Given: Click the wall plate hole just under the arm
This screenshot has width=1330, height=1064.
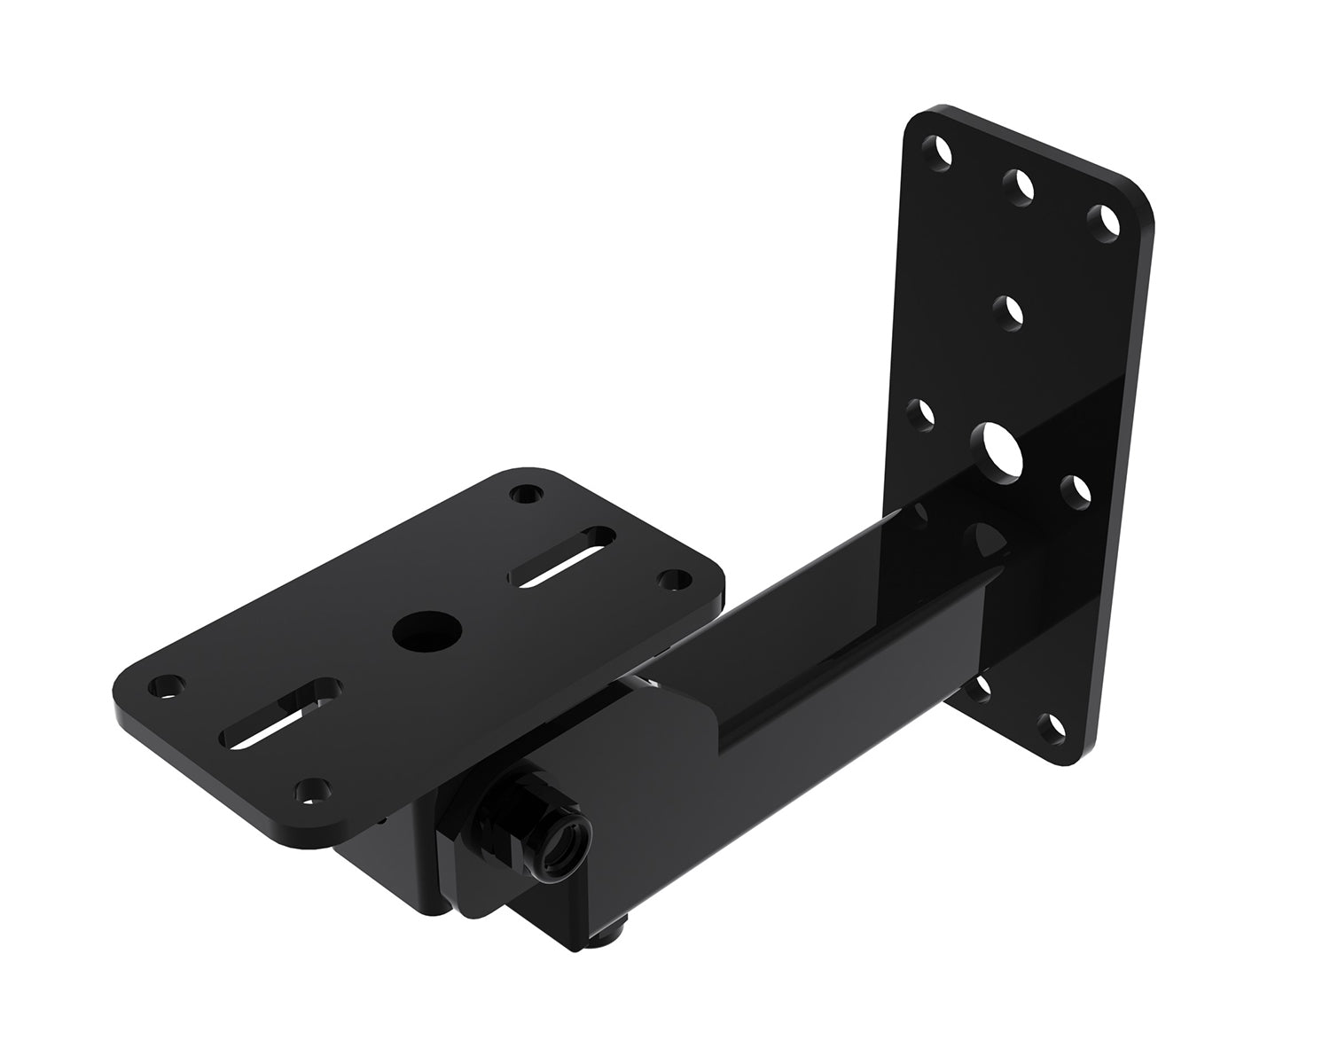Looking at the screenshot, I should point(978,690).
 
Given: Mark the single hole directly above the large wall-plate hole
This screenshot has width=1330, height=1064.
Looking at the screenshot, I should point(1008,312).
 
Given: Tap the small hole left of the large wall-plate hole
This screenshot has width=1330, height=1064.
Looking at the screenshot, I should point(924,412).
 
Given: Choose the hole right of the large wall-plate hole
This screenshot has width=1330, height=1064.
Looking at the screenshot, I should point(1076,489).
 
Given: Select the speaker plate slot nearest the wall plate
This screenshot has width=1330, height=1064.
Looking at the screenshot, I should point(562,557).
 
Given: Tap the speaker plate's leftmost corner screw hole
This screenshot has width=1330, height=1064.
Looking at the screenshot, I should point(165,685).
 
